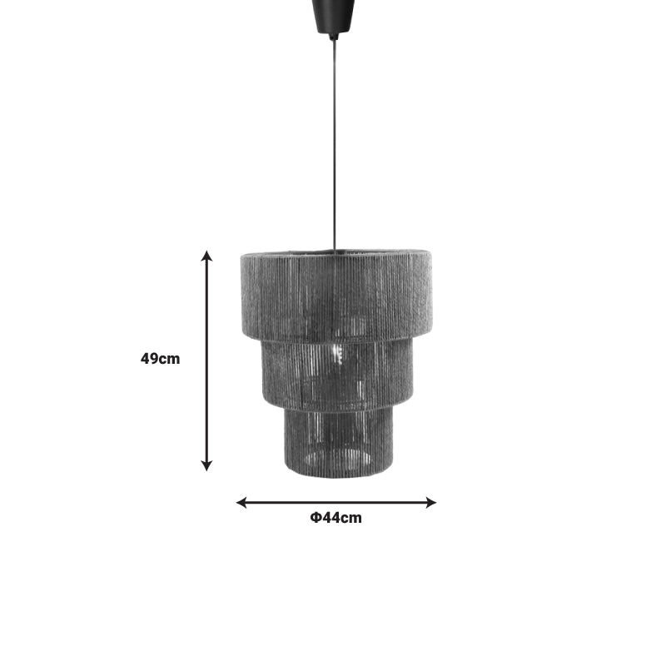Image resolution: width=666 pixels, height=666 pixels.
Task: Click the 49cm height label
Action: pos(160,360)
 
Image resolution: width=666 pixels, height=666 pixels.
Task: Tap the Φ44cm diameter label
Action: pos(336,518)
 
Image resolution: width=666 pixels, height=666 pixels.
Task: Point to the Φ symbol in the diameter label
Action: pos(316,518)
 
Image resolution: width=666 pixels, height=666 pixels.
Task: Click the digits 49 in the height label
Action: pos(150,360)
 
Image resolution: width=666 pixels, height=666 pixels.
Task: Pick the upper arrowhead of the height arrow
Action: pos(207,256)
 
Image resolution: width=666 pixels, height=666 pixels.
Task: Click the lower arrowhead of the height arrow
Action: pos(207,465)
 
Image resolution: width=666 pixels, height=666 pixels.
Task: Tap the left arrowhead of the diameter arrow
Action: pos(242,502)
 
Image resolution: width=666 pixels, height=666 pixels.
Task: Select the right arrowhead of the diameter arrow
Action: pos(430,502)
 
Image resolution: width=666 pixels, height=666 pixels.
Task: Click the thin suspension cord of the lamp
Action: pos(334,142)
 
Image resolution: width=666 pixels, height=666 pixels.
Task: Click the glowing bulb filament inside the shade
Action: pos(339,355)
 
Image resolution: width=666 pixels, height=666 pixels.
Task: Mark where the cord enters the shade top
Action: pos(334,250)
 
